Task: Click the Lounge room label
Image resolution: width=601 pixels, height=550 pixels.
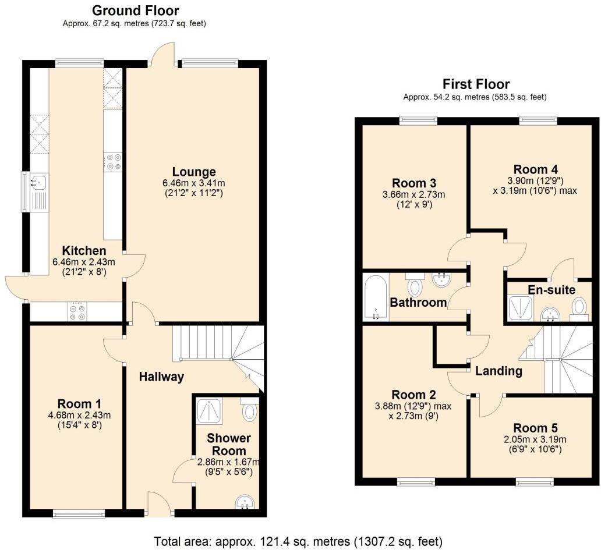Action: point(194,172)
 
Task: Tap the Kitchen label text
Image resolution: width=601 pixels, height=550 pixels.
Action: point(84,251)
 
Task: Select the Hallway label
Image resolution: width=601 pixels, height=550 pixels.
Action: point(161,377)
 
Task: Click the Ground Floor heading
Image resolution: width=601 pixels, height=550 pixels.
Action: point(136,10)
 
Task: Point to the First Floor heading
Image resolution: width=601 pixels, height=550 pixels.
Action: point(476,84)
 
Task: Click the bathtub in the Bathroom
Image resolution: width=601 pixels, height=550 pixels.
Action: point(376,297)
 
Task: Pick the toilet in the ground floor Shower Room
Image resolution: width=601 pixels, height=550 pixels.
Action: point(249,409)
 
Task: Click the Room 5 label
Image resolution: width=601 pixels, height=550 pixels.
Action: point(535,428)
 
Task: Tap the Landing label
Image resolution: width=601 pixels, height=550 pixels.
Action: point(499,371)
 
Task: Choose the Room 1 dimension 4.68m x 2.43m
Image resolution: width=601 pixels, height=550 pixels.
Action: point(79,415)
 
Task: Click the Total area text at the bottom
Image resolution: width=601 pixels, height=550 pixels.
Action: point(298,542)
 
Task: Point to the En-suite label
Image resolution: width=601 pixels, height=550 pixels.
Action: point(551,290)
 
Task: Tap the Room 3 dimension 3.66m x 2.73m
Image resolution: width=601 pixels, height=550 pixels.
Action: point(413,194)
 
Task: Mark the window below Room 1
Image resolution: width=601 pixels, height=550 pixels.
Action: point(79,513)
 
